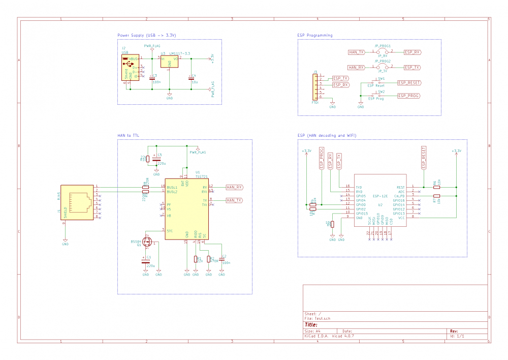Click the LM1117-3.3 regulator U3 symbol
coord(169,62)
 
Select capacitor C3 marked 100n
coord(152,78)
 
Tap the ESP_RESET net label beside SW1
coord(409,82)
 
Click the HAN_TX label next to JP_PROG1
coord(356,52)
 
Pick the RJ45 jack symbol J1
coord(79,202)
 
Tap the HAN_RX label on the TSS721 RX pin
coord(234,187)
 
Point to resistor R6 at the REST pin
coord(436,187)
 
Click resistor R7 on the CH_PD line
coord(436,196)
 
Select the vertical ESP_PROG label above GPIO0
coord(321,158)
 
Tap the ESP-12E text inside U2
coord(380,196)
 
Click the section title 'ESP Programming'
coord(315,36)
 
